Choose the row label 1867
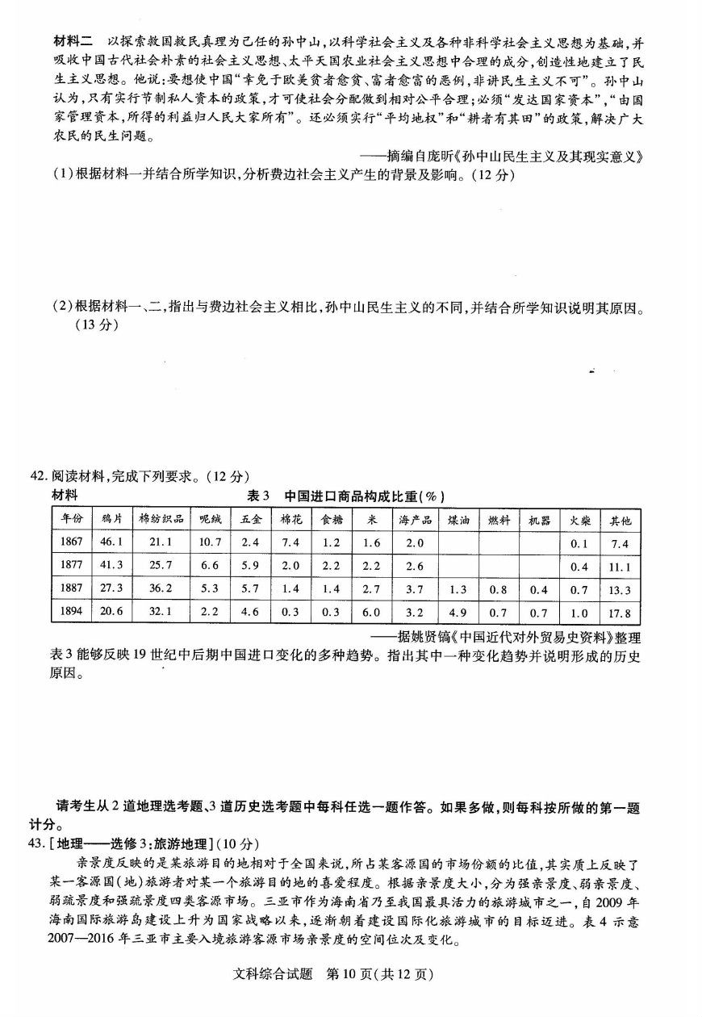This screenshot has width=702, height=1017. point(72,543)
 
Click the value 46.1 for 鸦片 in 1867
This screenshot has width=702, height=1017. point(111,543)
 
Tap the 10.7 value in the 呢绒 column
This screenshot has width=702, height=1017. point(210,543)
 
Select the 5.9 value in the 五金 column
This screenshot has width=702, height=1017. point(250,567)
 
